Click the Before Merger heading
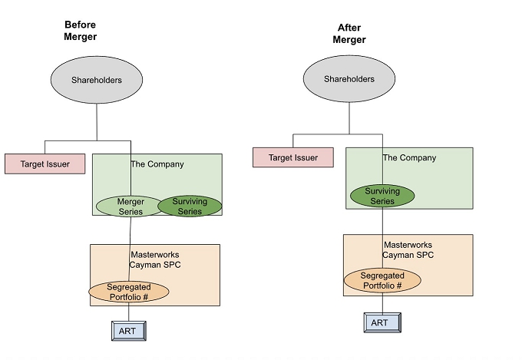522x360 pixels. [81, 30]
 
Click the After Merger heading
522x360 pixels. [349, 34]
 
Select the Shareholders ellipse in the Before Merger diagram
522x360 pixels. [97, 80]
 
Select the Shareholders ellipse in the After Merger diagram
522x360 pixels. [349, 79]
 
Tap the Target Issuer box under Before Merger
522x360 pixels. [45, 163]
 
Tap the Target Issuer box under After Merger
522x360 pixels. [292, 157]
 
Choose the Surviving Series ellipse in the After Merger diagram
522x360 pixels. [382, 196]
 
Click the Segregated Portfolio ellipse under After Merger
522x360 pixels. [382, 280]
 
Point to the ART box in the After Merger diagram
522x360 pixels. [379, 322]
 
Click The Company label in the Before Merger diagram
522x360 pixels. [157, 164]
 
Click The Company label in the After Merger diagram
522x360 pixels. [409, 158]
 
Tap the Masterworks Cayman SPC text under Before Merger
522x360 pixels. [156, 259]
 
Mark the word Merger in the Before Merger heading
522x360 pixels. [81, 36]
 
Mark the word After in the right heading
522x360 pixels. [349, 28]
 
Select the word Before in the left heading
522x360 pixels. [80, 24]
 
